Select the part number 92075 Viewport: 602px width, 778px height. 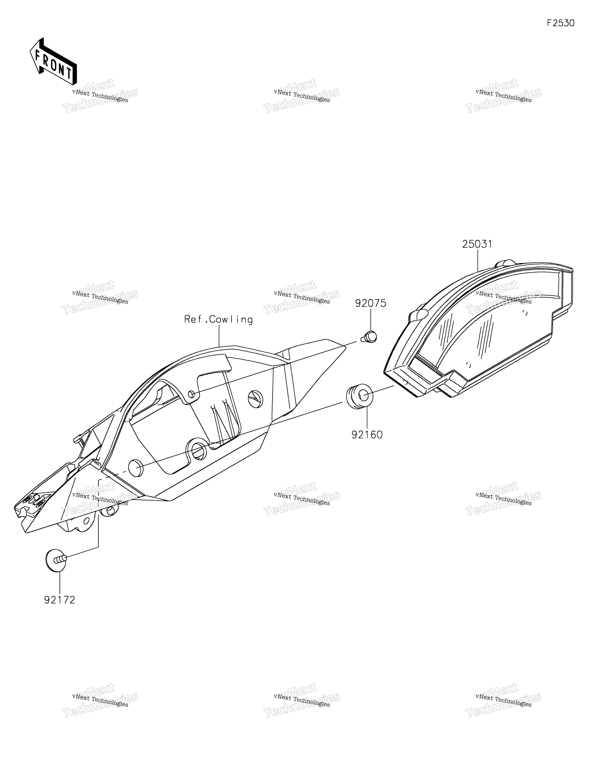tap(370, 303)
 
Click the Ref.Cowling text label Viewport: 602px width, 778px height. tap(218, 320)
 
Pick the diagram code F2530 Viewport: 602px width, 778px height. tap(561, 23)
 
